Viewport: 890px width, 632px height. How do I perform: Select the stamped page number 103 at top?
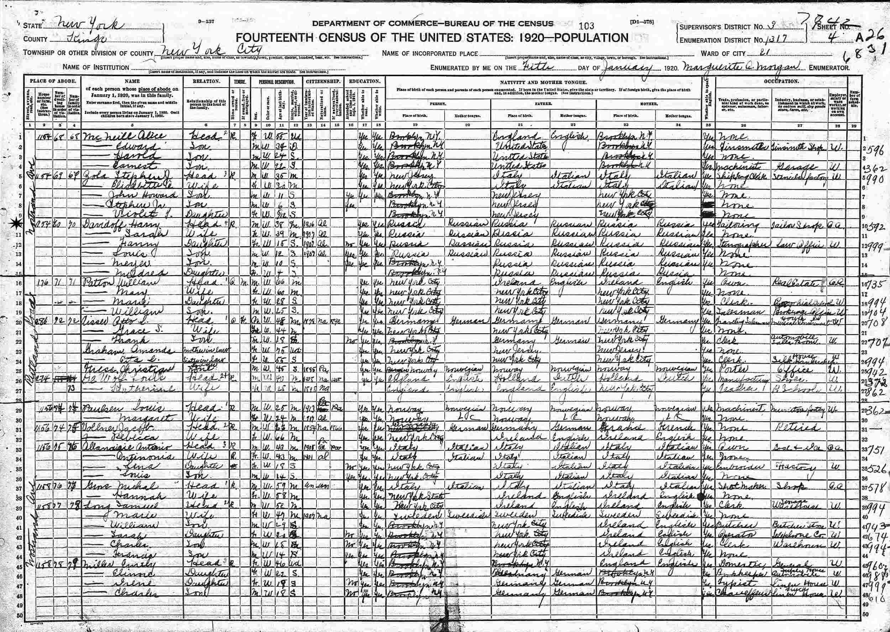click(x=586, y=26)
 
